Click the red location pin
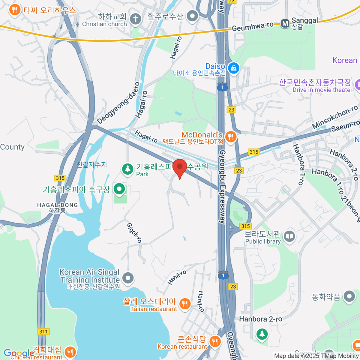180,167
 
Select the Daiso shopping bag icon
233,68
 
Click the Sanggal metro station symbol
285,23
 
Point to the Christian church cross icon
135,19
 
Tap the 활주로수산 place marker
192,16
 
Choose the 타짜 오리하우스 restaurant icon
14,10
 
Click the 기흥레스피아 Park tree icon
127,169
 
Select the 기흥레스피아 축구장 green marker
120,189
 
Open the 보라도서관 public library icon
289,236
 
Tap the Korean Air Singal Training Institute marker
128,278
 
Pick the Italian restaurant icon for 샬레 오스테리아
184,304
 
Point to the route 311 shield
43,331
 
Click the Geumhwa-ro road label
253,27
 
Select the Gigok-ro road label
134,233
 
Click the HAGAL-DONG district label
57,205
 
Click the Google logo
19,353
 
